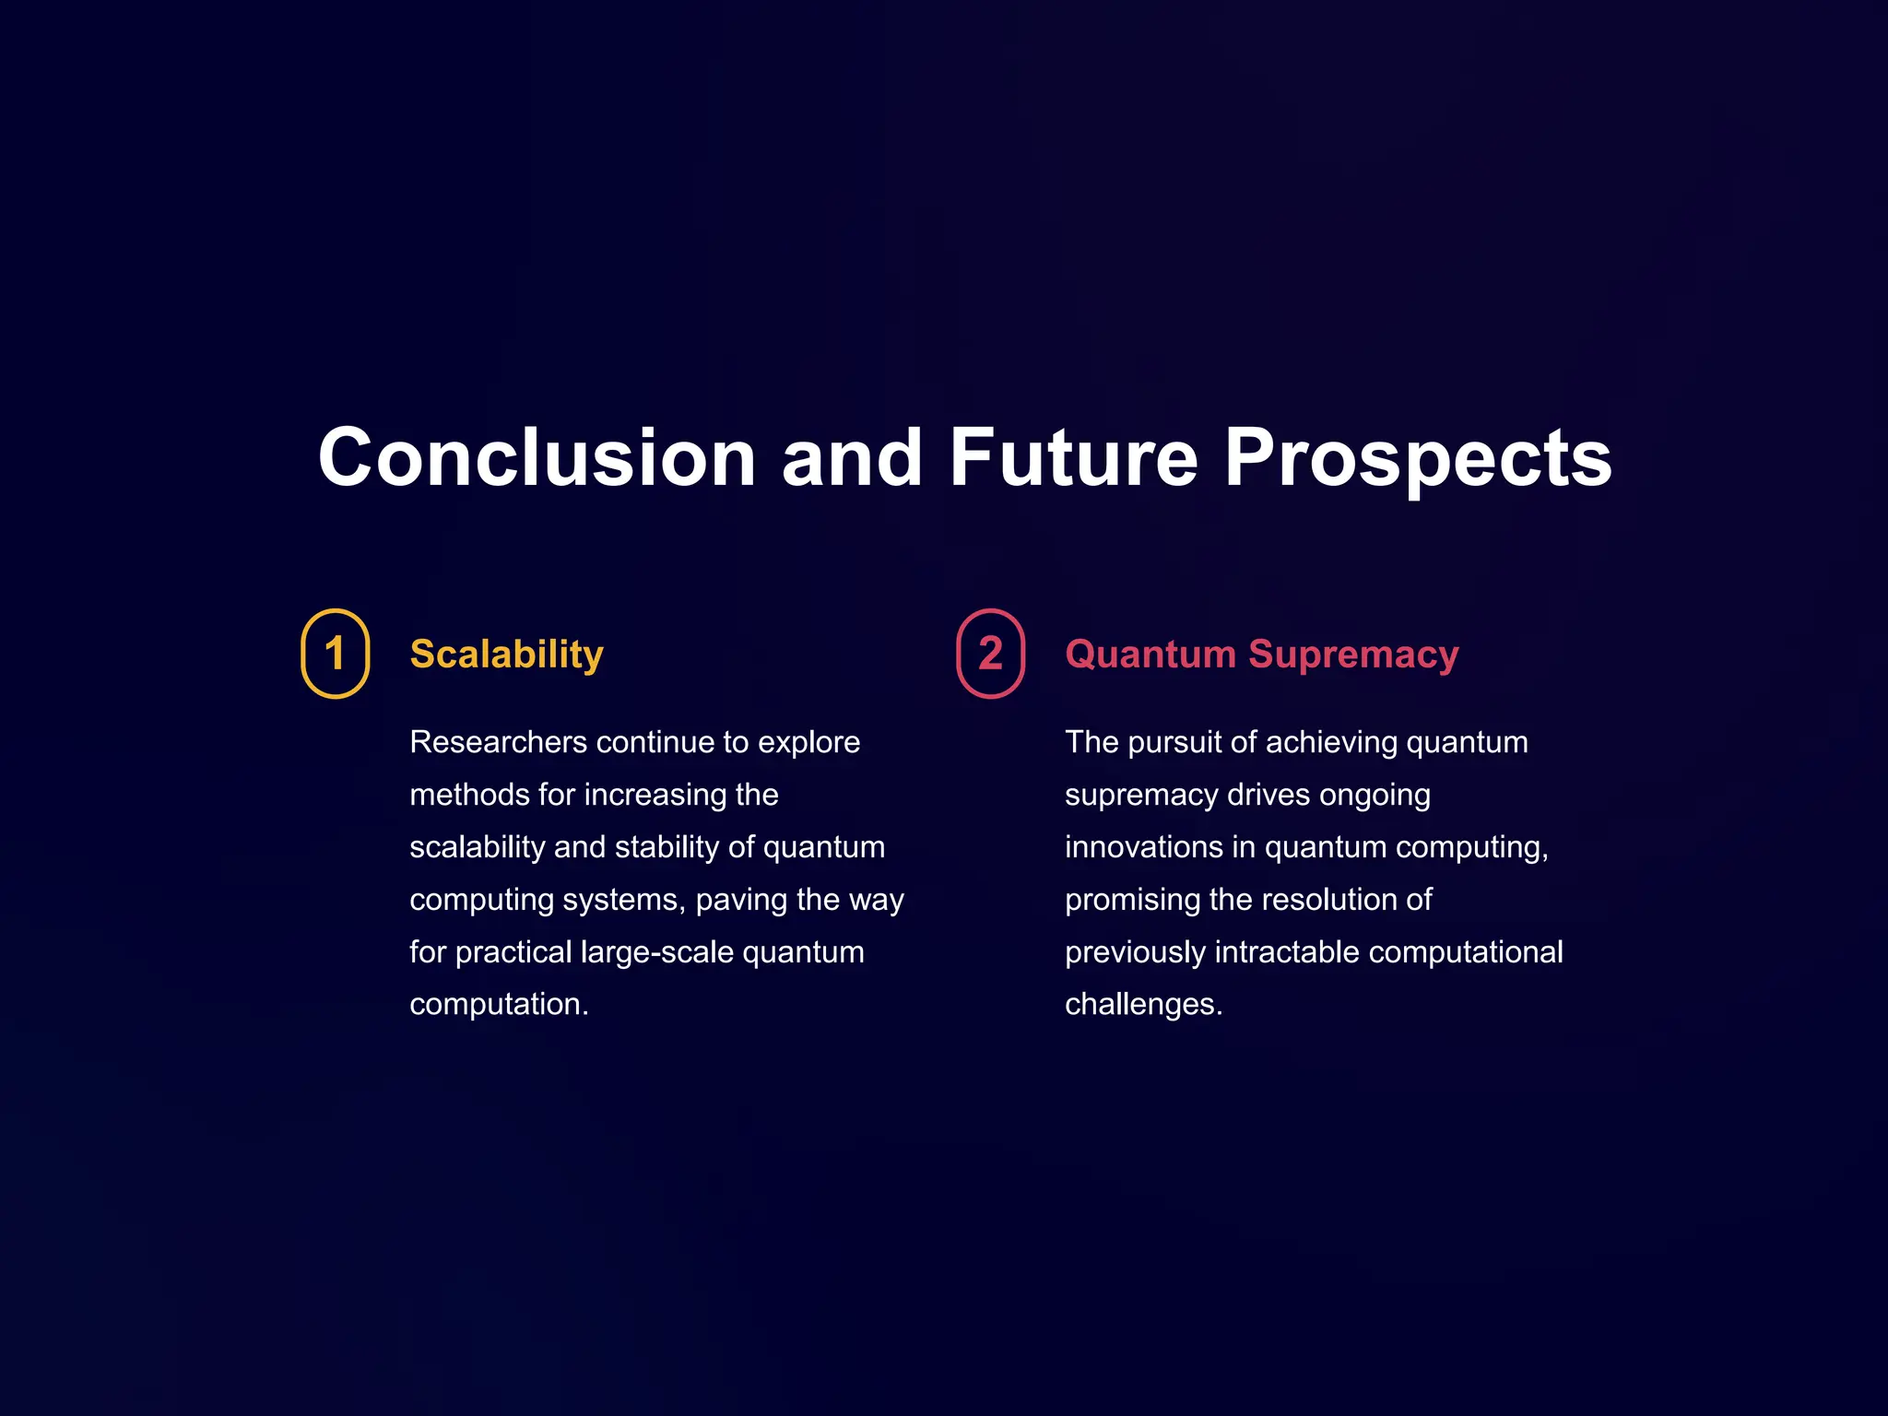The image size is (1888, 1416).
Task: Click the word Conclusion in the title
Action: point(537,458)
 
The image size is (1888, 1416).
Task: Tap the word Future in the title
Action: point(1074,458)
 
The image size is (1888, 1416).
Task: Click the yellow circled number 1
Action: point(336,654)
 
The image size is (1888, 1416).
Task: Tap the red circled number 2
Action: point(990,654)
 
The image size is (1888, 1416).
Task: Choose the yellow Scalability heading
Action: point(506,655)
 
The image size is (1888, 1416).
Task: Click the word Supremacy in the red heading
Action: point(1353,655)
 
